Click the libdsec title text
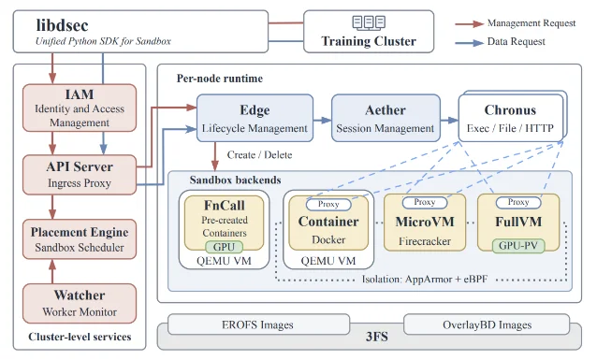(x=62, y=25)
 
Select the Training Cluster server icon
(x=369, y=22)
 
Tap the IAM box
(x=80, y=108)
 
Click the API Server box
(x=80, y=175)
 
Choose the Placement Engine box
(x=80, y=239)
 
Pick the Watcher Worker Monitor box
(x=80, y=303)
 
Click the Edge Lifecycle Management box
(x=255, y=118)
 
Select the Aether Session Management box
(x=386, y=118)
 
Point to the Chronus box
(x=511, y=118)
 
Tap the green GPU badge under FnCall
(x=224, y=247)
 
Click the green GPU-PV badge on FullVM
(x=518, y=246)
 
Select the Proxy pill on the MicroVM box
(x=425, y=202)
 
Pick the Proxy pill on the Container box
(x=328, y=205)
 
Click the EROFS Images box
(x=258, y=324)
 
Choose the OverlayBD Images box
(x=487, y=324)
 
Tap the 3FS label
(x=377, y=337)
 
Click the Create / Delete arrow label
(x=259, y=155)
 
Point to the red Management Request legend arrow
(x=470, y=24)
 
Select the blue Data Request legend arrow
(x=470, y=43)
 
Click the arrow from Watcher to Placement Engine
(x=52, y=271)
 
